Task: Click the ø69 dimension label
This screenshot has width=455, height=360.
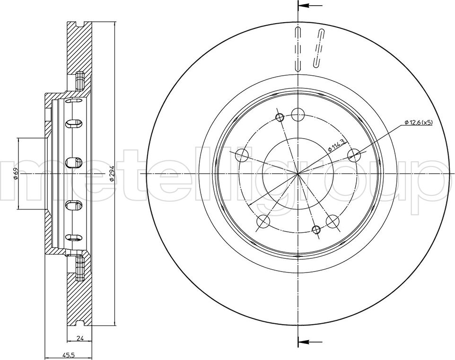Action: [16, 174]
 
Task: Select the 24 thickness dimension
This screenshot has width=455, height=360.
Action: [80, 338]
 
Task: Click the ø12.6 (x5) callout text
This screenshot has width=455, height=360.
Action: [419, 123]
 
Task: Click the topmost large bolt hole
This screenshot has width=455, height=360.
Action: [297, 114]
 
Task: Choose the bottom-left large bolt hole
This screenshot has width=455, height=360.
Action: [263, 221]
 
